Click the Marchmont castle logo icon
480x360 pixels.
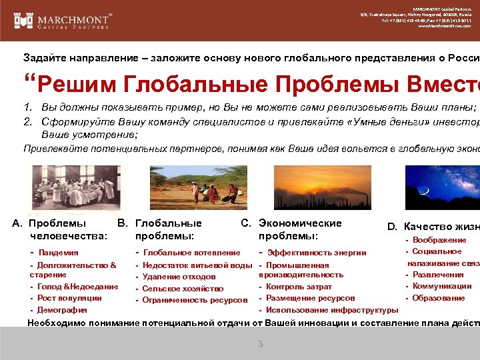pyautogui.click(x=24, y=20)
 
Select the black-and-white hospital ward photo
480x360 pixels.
pyautogui.click(x=73, y=187)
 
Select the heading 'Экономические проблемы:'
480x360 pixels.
pyautogui.click(x=299, y=229)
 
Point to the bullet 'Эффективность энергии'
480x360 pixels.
pyautogui.click(x=317, y=253)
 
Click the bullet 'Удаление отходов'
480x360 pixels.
pyautogui.click(x=179, y=277)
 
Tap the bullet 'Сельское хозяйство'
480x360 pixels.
pyautogui.click(x=183, y=289)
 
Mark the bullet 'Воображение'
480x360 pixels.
pyautogui.click(x=439, y=240)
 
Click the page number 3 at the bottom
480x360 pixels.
pyautogui.click(x=261, y=344)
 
